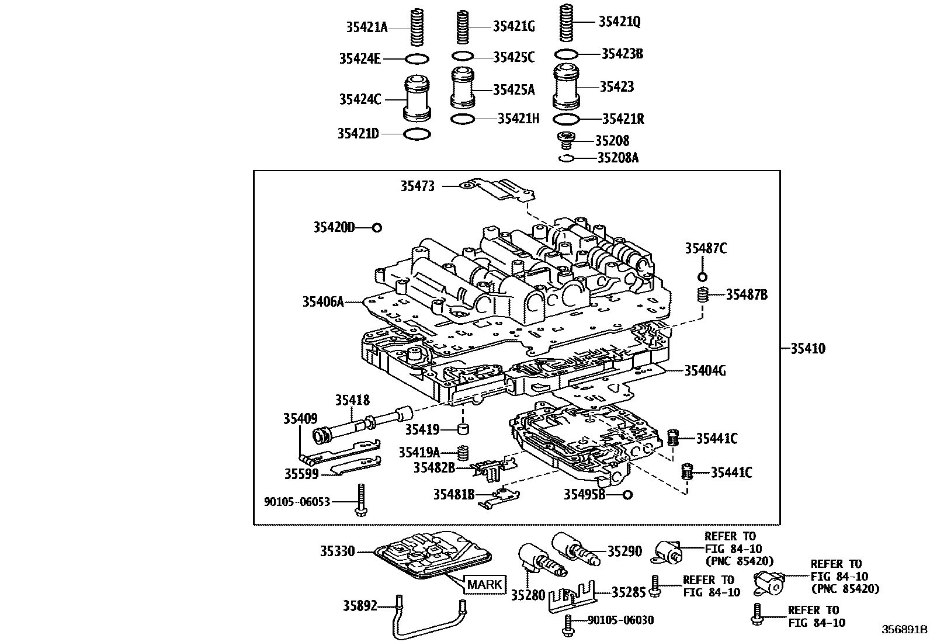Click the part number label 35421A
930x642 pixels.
pyautogui.click(x=366, y=27)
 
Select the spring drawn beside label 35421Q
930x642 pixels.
pyautogui.click(x=565, y=23)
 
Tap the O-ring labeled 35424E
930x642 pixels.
pyautogui.click(x=417, y=58)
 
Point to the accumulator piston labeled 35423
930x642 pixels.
pyautogui.click(x=565, y=87)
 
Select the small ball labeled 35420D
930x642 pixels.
pyautogui.click(x=377, y=228)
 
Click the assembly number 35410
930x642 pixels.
pyautogui.click(x=808, y=349)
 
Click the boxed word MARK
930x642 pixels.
pyautogui.click(x=485, y=584)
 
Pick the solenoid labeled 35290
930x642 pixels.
pyautogui.click(x=575, y=549)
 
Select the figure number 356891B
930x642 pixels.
pyautogui.click(x=904, y=629)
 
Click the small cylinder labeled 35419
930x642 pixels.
pyautogui.click(x=463, y=431)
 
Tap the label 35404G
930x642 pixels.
pyautogui.click(x=705, y=370)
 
